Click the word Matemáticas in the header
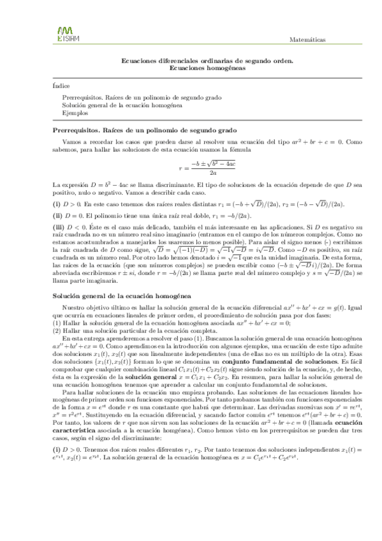point(307,39)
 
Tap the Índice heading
point(61,85)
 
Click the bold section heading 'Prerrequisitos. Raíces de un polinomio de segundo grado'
point(144,129)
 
